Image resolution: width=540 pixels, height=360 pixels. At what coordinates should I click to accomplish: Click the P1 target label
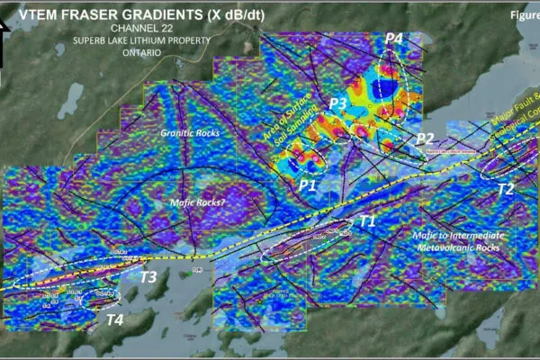point(308,184)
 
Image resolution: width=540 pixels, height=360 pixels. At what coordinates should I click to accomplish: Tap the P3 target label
point(337,103)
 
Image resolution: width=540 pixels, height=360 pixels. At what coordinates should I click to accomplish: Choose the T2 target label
point(506,188)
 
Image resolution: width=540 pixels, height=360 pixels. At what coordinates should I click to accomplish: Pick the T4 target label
point(115,319)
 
